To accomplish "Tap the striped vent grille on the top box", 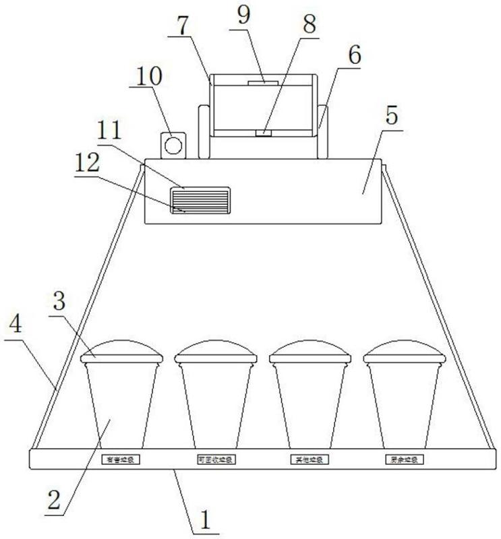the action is click(200, 200).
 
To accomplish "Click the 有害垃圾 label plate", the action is click(120, 460).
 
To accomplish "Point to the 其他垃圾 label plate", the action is click(310, 460).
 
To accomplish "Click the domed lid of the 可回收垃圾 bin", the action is click(216, 350).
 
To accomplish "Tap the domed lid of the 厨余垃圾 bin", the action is click(405, 350).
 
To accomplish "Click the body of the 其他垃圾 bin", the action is click(310, 404).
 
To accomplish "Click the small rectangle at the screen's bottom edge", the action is click(263, 133).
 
